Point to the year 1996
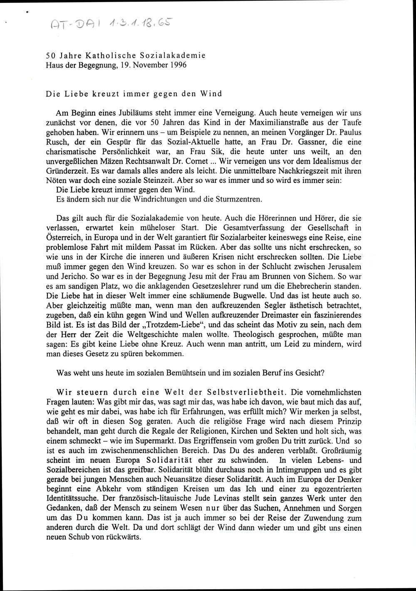point(178,65)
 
